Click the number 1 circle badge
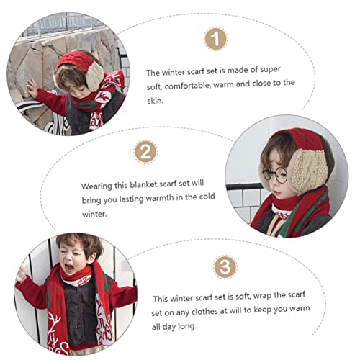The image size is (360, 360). [213, 40]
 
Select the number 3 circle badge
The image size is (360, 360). [225, 268]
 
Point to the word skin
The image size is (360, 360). [156, 102]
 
